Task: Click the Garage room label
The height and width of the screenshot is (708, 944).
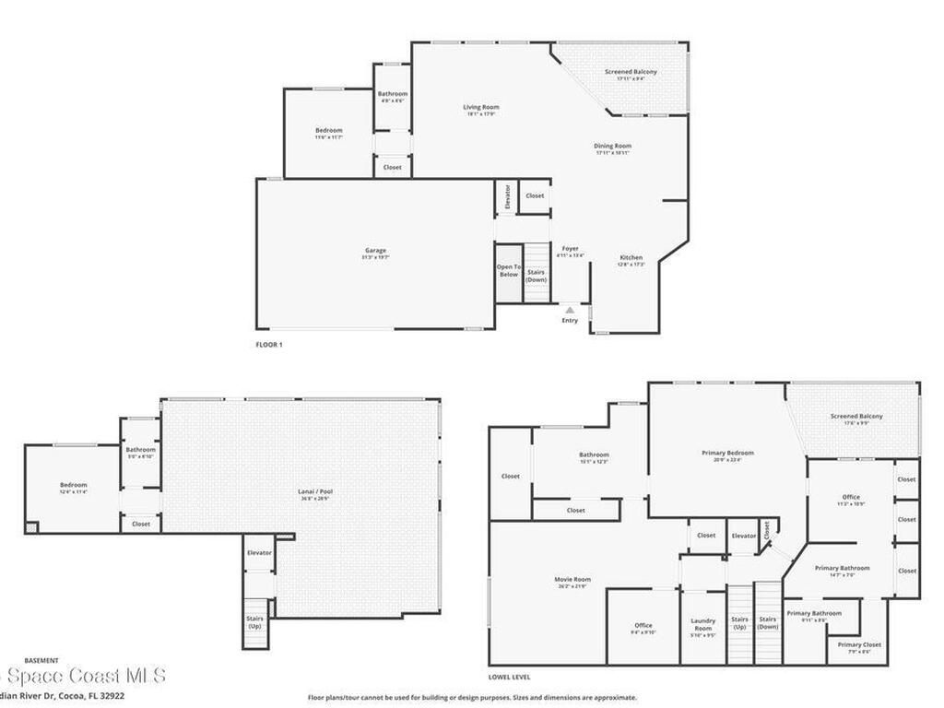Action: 374,250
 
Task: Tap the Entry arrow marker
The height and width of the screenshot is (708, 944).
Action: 570,311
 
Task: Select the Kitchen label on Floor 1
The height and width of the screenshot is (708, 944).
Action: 631,258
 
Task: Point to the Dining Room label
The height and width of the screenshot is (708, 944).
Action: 612,146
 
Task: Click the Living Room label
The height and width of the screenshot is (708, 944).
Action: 481,108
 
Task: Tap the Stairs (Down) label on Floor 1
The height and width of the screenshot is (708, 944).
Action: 537,276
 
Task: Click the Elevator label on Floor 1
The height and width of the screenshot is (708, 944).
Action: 506,197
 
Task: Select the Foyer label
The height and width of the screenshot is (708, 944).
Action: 571,249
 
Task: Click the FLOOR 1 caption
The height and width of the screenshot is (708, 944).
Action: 269,344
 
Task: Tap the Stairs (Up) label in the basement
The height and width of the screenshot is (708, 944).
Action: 254,622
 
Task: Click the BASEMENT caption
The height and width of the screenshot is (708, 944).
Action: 41,660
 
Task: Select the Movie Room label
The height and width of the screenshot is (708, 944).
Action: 572,580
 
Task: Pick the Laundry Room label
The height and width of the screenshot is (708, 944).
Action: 703,625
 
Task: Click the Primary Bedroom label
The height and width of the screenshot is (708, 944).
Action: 727,454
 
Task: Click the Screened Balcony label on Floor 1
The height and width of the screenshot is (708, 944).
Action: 631,72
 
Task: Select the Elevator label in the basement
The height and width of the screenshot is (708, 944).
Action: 259,552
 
